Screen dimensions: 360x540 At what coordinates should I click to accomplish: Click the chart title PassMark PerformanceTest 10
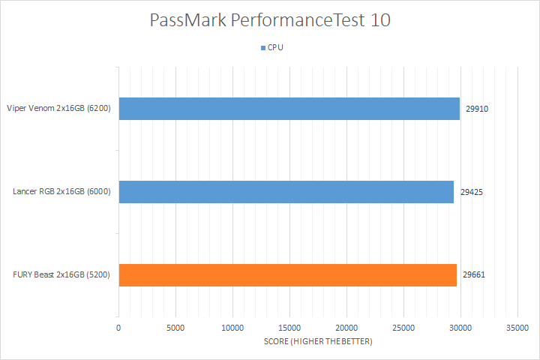point(268,20)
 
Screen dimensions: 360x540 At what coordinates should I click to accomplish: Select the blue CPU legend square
point(262,47)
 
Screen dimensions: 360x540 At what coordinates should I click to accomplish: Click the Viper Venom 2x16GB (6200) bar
point(289,109)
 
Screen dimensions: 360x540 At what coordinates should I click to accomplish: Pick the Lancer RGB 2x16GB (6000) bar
point(286,192)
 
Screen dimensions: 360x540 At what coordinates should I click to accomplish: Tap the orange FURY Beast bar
point(287,275)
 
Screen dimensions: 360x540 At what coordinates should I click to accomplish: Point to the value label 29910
point(477,109)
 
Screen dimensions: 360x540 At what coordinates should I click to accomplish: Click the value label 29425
point(471,192)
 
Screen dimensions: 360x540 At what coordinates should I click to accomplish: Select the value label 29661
point(474,275)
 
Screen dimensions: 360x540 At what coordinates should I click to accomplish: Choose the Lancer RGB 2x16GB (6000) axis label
point(62,192)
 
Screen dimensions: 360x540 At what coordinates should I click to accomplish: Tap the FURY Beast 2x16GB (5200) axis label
point(62,275)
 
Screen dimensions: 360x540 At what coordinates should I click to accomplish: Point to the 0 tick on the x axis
point(118,328)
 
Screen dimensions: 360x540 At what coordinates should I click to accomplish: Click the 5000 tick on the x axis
point(175,328)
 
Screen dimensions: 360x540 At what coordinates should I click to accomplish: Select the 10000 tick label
point(232,328)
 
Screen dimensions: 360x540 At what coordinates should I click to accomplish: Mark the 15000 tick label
point(289,328)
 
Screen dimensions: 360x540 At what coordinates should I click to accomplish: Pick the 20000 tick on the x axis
point(346,328)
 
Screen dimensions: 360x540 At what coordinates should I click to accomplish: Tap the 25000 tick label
point(403,328)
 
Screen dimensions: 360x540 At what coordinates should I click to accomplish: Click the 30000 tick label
point(460,328)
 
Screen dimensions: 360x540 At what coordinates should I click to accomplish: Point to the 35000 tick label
point(517,328)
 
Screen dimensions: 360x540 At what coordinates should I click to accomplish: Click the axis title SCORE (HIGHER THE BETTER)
point(318,342)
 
